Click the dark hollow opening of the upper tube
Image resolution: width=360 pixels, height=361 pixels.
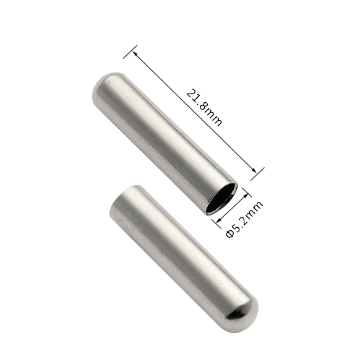pyautogui.click(x=221, y=199)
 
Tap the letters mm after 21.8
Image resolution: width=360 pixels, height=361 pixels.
pyautogui.click(x=213, y=118)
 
